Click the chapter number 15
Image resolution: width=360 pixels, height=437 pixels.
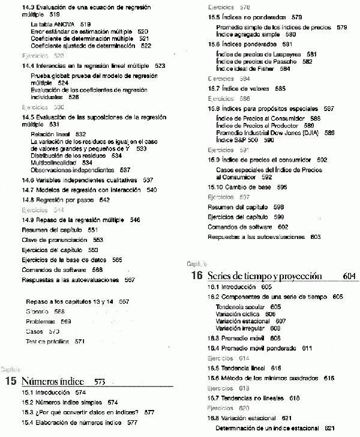point(10,381)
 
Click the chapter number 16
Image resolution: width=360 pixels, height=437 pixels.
point(196,276)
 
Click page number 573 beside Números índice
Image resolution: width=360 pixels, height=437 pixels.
point(100,382)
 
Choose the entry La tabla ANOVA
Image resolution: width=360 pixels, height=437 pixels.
point(52,24)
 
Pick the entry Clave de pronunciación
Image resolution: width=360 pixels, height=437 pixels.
point(56,240)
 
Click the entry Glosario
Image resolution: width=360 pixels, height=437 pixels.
point(38,311)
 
